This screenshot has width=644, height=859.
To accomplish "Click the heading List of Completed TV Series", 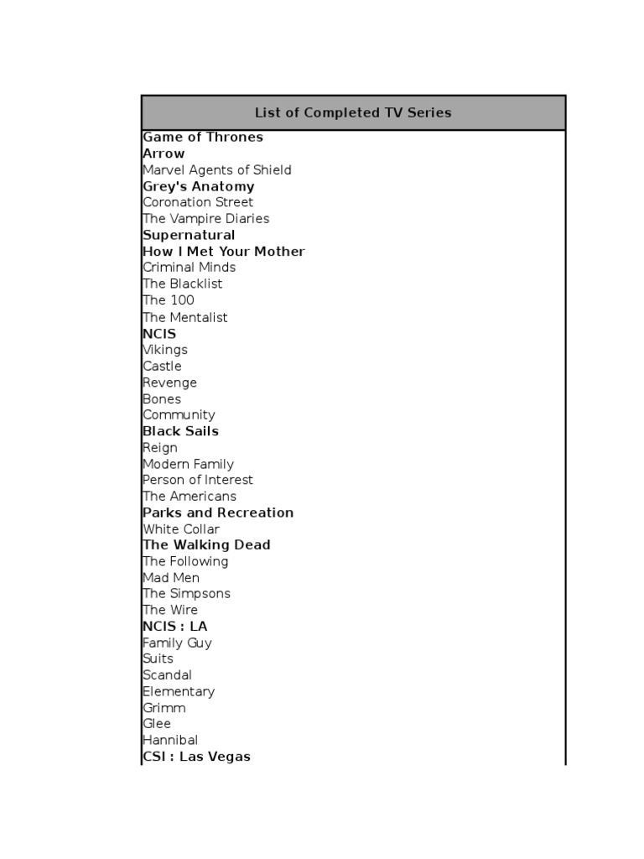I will [x=353, y=112].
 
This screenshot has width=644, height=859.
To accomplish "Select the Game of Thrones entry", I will [x=203, y=137].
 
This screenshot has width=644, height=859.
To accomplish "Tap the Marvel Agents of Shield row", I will [x=217, y=169].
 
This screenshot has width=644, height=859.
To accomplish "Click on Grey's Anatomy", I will [x=199, y=186].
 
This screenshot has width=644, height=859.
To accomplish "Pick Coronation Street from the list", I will [x=198, y=202].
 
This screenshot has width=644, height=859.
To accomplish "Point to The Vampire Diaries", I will [x=206, y=218].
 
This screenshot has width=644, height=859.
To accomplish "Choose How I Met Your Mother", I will [x=224, y=251].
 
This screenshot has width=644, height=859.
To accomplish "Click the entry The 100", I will [x=169, y=300].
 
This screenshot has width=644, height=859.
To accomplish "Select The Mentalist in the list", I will [x=185, y=317].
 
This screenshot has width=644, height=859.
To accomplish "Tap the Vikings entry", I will [x=165, y=350].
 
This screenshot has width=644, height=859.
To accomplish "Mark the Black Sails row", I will [x=180, y=431].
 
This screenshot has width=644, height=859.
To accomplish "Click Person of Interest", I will [x=198, y=480].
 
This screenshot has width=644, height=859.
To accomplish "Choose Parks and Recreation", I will [x=218, y=513].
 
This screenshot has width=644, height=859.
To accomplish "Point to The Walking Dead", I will [x=206, y=545].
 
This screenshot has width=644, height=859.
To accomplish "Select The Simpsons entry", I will [x=186, y=594].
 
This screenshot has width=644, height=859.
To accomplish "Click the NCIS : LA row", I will [x=174, y=627].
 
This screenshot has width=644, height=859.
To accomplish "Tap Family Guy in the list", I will [x=177, y=643].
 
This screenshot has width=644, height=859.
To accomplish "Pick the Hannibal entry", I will [x=170, y=740].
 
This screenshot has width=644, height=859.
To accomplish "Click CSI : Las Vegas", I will [x=196, y=757].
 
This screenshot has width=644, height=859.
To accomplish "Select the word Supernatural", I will [x=189, y=235].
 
